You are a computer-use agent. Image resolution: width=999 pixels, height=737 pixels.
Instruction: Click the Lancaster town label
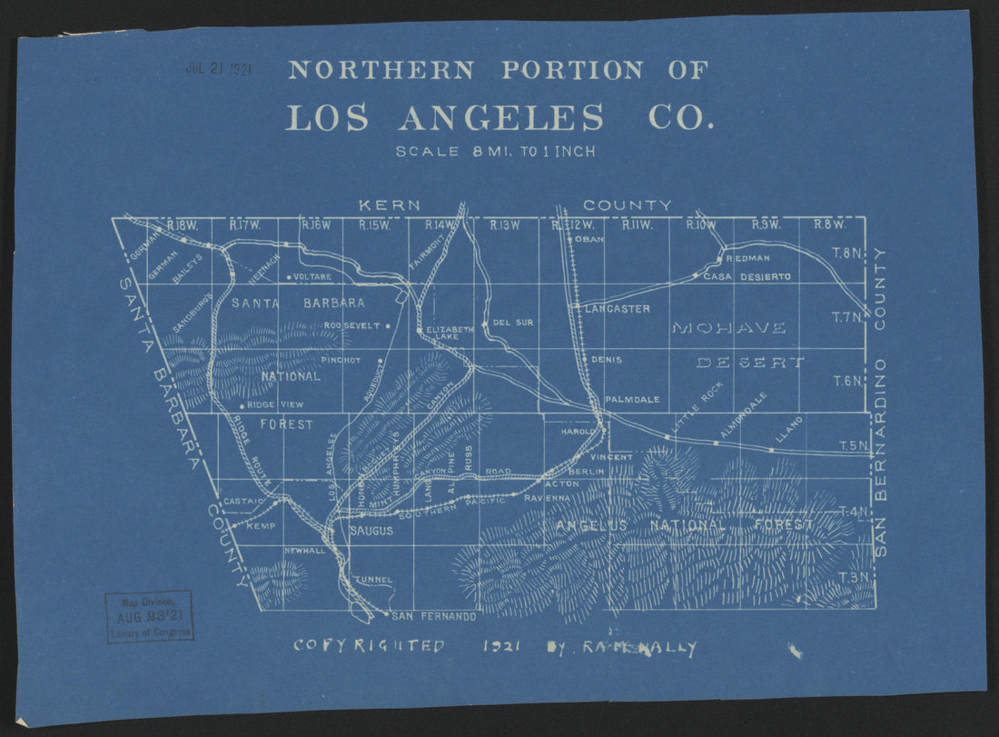pyautogui.click(x=618, y=309)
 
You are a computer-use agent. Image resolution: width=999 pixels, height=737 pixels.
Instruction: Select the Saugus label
pyautogui.click(x=371, y=531)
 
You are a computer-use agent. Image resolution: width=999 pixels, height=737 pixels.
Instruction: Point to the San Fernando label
pyautogui.click(x=435, y=617)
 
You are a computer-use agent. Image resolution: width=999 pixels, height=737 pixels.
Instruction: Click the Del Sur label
pyautogui.click(x=513, y=323)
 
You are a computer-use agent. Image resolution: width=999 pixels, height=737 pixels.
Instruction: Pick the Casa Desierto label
pyautogui.click(x=747, y=276)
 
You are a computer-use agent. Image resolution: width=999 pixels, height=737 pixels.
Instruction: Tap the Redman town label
pyautogui.click(x=748, y=259)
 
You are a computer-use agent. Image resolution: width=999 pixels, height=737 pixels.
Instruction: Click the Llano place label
pyautogui.click(x=787, y=434)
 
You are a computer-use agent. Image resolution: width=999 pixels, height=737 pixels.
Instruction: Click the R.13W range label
pyautogui.click(x=505, y=225)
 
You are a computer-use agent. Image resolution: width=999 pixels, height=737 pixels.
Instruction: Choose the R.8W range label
pyautogui.click(x=829, y=225)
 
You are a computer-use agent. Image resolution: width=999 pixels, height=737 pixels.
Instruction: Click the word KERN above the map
pyautogui.click(x=390, y=205)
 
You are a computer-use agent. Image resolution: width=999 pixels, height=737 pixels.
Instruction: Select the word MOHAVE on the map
pyautogui.click(x=728, y=327)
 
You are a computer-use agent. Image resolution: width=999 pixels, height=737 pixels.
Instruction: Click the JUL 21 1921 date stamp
pyautogui.click(x=219, y=68)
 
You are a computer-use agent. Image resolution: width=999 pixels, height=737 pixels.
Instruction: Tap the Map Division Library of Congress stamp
pyautogui.click(x=150, y=616)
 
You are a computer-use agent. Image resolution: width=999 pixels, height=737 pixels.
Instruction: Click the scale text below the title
pyautogui.click(x=496, y=152)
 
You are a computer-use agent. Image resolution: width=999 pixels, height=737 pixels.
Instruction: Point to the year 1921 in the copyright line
pyautogui.click(x=499, y=647)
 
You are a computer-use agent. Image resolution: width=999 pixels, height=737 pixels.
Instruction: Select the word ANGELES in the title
pyautogui.click(x=500, y=118)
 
